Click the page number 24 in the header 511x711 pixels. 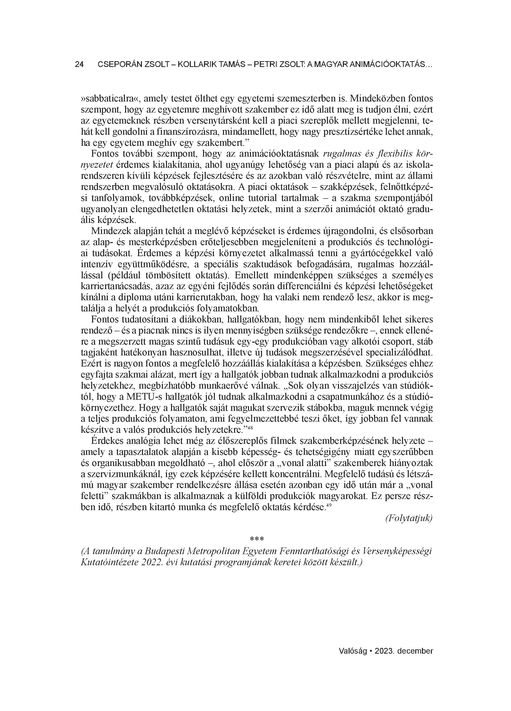79,65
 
